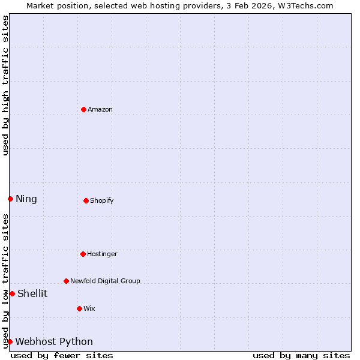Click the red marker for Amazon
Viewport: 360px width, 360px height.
point(83,109)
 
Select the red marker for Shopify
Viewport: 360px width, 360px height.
point(86,200)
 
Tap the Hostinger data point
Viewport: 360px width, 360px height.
point(83,254)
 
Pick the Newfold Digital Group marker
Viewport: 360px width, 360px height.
point(66,281)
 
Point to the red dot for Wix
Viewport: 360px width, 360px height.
point(79,308)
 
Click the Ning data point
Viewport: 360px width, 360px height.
point(10,199)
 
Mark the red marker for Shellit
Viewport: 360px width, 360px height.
point(12,293)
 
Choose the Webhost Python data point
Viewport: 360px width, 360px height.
point(10,341)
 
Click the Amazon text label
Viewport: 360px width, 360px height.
point(100,110)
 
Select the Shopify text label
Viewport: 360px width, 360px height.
point(102,201)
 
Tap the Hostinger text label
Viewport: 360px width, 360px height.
point(102,254)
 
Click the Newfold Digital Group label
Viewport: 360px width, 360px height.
point(105,281)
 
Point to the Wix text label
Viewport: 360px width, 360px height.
point(89,309)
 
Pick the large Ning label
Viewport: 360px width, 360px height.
point(26,199)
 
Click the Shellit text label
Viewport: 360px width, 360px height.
point(32,294)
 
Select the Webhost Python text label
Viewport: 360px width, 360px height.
point(54,342)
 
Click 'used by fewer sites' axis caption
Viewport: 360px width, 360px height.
point(62,355)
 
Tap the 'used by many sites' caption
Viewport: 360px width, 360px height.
point(301,355)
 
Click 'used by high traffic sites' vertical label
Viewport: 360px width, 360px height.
point(5,85)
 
